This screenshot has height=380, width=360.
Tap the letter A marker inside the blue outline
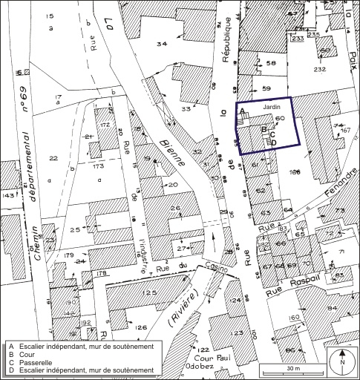pos(241,112)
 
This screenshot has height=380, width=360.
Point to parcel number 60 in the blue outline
pos(279,118)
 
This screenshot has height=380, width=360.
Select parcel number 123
pos(237,333)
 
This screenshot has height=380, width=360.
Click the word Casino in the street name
pos(214,270)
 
